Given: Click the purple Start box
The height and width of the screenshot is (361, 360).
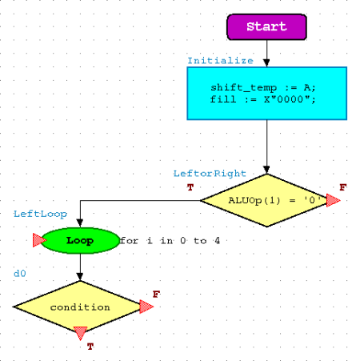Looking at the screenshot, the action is coord(266,27).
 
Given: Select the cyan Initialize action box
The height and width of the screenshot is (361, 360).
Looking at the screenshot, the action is coord(267,94).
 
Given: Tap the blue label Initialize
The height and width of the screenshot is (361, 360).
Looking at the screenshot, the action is coord(220,61).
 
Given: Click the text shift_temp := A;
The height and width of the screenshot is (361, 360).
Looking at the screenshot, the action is coord(263,87).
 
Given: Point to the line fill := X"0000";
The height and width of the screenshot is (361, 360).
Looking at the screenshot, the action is coord(263,99).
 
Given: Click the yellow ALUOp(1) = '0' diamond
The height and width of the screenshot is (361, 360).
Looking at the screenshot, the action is coord(267,200).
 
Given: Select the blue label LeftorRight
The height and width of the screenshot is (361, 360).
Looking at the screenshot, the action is coord(210,174).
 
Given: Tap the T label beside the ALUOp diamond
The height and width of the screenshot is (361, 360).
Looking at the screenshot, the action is coord(190,187).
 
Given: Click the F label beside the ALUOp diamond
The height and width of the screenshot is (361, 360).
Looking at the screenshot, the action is coord(343,187).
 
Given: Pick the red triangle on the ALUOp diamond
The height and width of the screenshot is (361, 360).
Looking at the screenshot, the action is coord(333,200).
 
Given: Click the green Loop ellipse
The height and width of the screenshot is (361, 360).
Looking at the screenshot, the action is coord(80,240).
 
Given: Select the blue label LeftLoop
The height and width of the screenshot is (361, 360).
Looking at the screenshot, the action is coord(40,214).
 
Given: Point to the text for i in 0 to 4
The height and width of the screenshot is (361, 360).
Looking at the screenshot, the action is coord(170,241).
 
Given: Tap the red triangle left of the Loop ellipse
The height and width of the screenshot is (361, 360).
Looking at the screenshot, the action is coord(39,240).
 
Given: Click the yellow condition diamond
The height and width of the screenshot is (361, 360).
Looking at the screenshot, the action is coord(80,307).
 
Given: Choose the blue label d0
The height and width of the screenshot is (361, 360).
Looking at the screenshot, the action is coord(20,274).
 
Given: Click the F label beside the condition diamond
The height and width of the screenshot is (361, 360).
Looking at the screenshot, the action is coord(156,295).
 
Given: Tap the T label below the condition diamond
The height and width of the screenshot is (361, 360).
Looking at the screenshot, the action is coord(90,347).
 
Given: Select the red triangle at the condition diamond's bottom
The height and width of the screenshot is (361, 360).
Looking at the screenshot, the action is coord(80,332).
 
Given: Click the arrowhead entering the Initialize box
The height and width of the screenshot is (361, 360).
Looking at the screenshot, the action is coord(266,63).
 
